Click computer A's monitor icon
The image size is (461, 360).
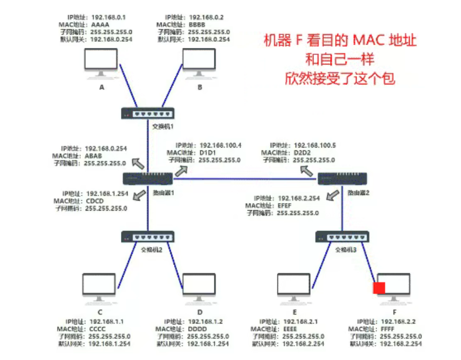coord(101,63)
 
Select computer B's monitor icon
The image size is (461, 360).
coord(200,63)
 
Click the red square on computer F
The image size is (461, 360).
coord(379,288)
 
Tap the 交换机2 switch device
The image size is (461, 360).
coord(148,236)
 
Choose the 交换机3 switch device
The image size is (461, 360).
coord(342,236)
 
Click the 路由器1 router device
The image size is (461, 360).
coord(148,178)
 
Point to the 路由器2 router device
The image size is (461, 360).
coord(342,178)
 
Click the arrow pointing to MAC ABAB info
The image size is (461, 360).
coord(138,164)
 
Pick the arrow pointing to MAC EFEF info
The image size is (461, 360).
coord(334,193)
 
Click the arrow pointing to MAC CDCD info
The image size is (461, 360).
coord(139,195)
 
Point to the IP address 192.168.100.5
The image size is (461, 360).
coord(314,145)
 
